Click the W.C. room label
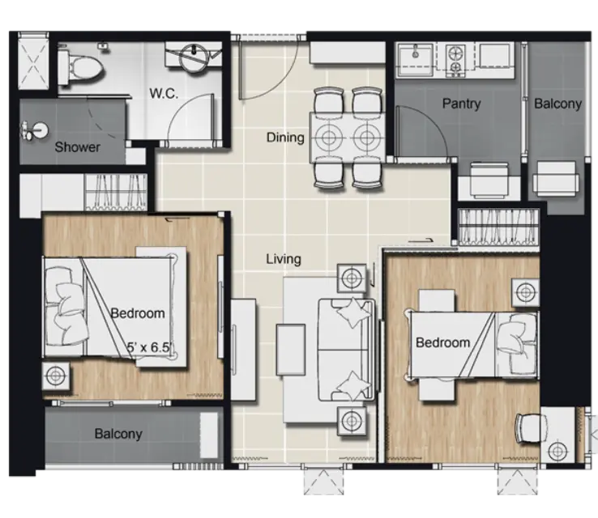[164, 93]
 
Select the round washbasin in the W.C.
[194, 57]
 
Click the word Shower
[78, 147]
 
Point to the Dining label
[285, 138]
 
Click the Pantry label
[462, 104]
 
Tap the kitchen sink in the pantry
[416, 57]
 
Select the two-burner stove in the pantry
[455, 58]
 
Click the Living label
[284, 259]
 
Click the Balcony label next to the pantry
[557, 104]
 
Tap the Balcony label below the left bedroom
[118, 434]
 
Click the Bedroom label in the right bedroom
[442, 342]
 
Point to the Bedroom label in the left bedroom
[138, 313]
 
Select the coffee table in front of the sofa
[291, 350]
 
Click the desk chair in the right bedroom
[530, 428]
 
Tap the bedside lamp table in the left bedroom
[56, 376]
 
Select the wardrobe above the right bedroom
[497, 227]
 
